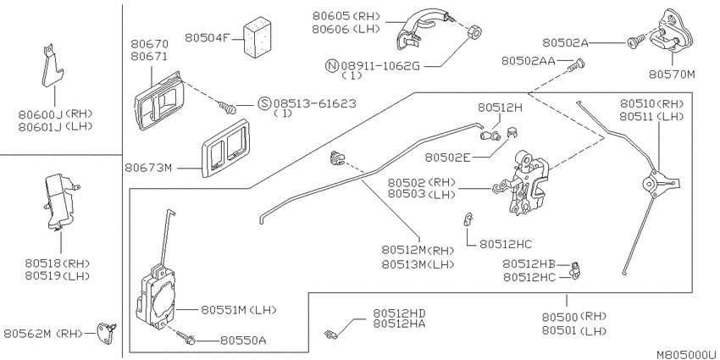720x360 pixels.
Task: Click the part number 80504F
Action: (207, 37)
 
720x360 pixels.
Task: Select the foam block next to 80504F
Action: (258, 37)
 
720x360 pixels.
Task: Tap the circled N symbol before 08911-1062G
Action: (331, 66)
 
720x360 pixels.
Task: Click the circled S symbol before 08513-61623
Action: (264, 103)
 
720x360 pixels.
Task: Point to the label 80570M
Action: (672, 74)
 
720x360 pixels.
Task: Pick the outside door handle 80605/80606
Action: (424, 30)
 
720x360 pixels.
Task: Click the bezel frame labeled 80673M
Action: (225, 148)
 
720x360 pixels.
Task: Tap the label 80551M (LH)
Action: (239, 310)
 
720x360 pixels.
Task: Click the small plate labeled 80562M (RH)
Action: (106, 334)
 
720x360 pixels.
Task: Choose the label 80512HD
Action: (399, 313)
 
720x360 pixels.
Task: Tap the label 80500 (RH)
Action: (574, 317)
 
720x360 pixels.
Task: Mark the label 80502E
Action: (448, 158)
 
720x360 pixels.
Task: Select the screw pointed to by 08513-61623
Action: (228, 107)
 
